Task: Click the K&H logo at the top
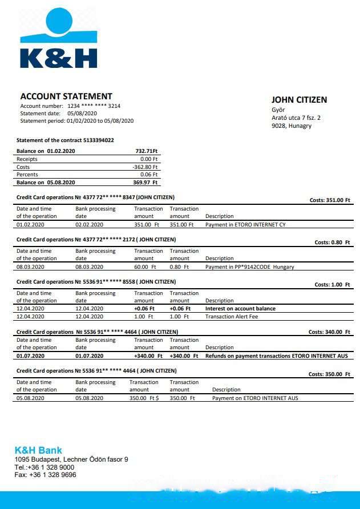point(58,39)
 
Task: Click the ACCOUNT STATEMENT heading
point(66,96)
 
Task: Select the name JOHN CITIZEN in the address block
point(299,100)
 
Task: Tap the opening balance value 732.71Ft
point(146,151)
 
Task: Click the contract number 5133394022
point(99,140)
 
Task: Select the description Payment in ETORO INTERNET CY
point(245,225)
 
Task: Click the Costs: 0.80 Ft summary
point(332,243)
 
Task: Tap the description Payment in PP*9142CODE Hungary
point(250,267)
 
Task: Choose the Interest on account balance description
point(240,309)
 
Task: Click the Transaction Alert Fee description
point(232,317)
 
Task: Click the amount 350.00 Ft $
point(144,398)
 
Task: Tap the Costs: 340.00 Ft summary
point(329,332)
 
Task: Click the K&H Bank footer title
point(38,450)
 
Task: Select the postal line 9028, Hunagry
point(292,126)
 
